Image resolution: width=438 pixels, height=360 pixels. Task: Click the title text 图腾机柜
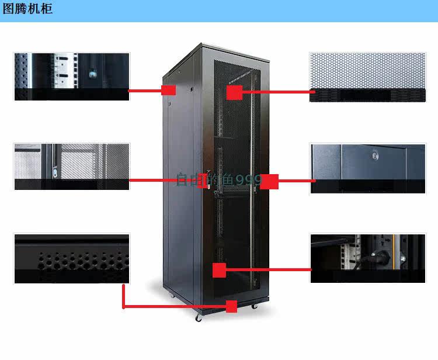click(x=28, y=9)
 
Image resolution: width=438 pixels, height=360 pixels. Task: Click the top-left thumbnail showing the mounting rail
click(x=71, y=76)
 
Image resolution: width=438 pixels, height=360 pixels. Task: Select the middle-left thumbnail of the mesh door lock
click(x=71, y=166)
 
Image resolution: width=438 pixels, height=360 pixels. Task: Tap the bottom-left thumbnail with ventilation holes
click(x=71, y=258)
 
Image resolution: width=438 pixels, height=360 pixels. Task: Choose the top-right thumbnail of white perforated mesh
click(x=367, y=77)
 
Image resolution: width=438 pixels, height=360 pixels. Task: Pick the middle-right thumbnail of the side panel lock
click(x=367, y=168)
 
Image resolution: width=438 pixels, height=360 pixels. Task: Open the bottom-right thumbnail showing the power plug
click(x=367, y=258)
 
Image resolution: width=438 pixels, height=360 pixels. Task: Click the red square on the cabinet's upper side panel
click(x=168, y=91)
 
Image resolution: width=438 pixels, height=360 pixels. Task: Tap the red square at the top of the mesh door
click(x=234, y=92)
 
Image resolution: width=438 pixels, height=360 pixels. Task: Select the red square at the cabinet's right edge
click(x=269, y=181)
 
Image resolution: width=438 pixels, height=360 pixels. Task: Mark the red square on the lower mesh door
click(x=219, y=270)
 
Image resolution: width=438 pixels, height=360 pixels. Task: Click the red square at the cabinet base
click(x=231, y=306)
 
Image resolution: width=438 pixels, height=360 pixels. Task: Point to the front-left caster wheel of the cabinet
click(x=199, y=318)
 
